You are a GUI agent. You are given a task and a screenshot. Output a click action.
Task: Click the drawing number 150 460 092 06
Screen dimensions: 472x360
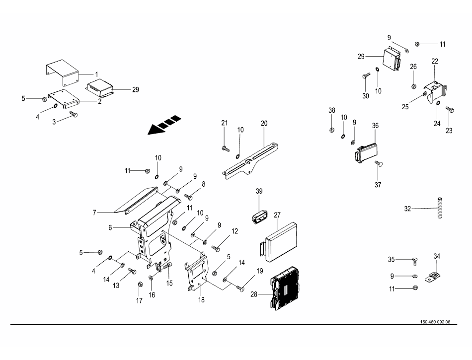(435, 322)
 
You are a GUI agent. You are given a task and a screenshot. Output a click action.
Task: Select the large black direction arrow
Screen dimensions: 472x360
(164, 125)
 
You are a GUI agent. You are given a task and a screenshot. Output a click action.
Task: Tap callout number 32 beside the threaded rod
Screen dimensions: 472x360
(407, 209)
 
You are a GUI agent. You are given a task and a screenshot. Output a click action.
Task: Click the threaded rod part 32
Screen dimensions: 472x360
(440, 208)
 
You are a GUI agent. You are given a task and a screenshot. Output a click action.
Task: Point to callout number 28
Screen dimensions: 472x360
(254, 294)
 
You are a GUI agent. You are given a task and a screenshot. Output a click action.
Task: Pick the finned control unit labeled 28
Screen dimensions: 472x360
(286, 288)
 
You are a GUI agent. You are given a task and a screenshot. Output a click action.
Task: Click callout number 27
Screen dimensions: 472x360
(277, 215)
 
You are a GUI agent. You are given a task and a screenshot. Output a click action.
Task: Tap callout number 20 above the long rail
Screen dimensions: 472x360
(264, 123)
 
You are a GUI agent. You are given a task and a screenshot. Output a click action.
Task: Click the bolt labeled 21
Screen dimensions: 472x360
(226, 148)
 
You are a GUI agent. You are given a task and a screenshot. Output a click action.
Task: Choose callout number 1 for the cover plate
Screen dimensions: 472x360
(96, 74)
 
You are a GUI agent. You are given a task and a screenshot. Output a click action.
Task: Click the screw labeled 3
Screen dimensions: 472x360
(74, 114)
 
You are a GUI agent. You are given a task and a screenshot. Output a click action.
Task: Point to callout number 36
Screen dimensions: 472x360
(375, 126)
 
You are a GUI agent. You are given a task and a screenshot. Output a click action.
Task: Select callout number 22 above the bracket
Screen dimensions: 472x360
(435, 61)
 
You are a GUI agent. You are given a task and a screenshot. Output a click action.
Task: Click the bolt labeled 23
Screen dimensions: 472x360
(450, 109)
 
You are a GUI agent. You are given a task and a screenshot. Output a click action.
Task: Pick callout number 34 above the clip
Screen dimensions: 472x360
(437, 256)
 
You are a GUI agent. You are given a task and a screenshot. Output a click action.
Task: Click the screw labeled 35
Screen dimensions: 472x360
(414, 261)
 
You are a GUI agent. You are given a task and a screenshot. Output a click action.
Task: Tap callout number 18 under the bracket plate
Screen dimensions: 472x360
(201, 300)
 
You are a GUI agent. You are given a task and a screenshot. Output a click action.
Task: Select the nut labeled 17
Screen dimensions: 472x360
(140, 284)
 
